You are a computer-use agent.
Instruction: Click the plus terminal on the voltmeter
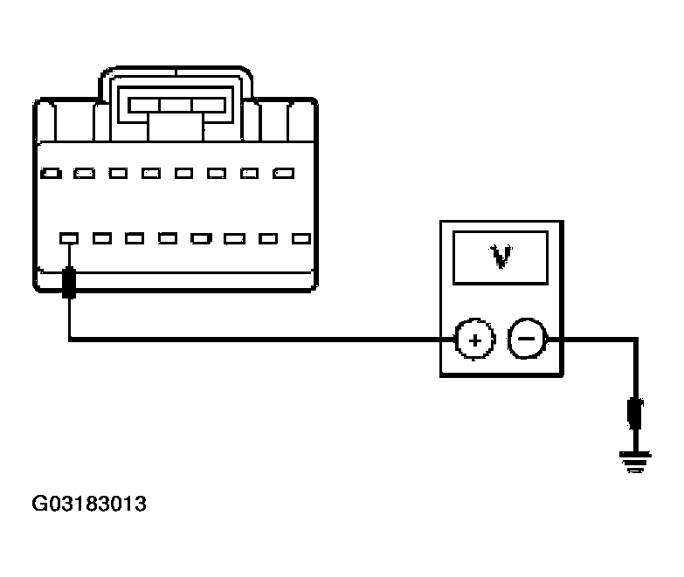pyautogui.click(x=475, y=340)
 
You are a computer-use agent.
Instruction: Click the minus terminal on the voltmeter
pyautogui.click(x=527, y=339)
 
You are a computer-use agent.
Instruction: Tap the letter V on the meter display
pyautogui.click(x=501, y=258)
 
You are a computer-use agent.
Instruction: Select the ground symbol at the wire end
pyautogui.click(x=636, y=462)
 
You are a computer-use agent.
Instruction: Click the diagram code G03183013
pyautogui.click(x=89, y=504)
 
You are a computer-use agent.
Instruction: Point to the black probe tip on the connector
pyautogui.click(x=69, y=283)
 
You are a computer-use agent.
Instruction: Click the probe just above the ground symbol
pyautogui.click(x=635, y=414)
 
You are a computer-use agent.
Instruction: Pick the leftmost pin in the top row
pyautogui.click(x=51, y=174)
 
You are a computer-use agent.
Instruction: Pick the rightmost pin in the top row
pyautogui.click(x=284, y=174)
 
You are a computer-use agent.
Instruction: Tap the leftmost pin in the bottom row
pyautogui.click(x=69, y=238)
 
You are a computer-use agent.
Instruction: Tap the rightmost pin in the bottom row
pyautogui.click(x=301, y=238)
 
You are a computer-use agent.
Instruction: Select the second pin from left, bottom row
pyautogui.click(x=102, y=238)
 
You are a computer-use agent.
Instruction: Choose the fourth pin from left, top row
pyautogui.click(x=151, y=174)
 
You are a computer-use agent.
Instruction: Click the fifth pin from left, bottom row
pyautogui.click(x=201, y=238)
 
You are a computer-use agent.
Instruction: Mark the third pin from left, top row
pyautogui.click(x=118, y=174)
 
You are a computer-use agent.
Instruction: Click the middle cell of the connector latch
pyautogui.click(x=176, y=105)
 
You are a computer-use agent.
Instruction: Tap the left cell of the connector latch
pyautogui.click(x=144, y=105)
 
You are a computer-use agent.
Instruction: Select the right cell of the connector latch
pyautogui.click(x=209, y=105)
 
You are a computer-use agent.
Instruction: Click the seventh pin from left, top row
pyautogui.click(x=250, y=174)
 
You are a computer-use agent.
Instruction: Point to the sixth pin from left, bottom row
pyautogui.click(x=235, y=238)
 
